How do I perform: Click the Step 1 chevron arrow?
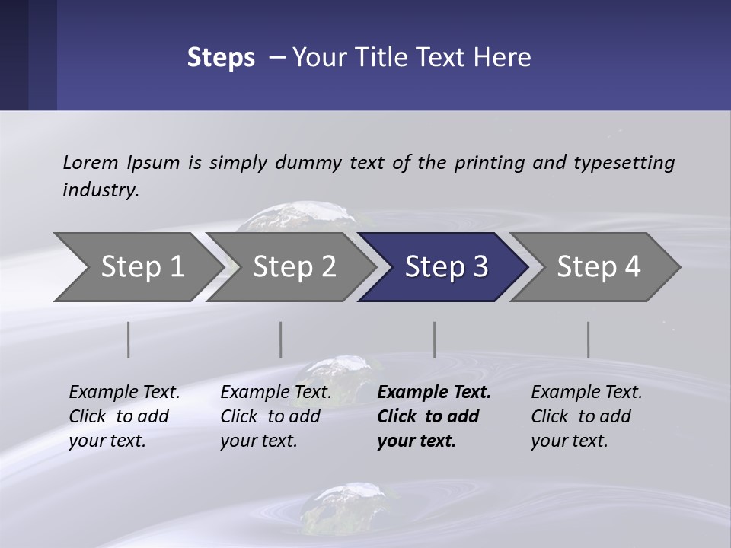coord(137,267)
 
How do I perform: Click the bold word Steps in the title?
coord(221,58)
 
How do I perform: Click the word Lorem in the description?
coord(90,162)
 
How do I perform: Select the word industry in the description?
coord(100,190)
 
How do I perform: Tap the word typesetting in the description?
coord(624,163)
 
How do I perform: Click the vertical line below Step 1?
coord(129,339)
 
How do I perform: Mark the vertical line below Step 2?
coord(281,339)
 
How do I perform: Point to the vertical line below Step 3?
coord(435,339)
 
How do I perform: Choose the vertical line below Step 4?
coord(588,339)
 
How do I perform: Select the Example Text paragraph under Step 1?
coord(124,416)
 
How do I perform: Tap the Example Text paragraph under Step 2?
coord(276,416)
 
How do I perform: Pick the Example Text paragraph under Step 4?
coord(586,416)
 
